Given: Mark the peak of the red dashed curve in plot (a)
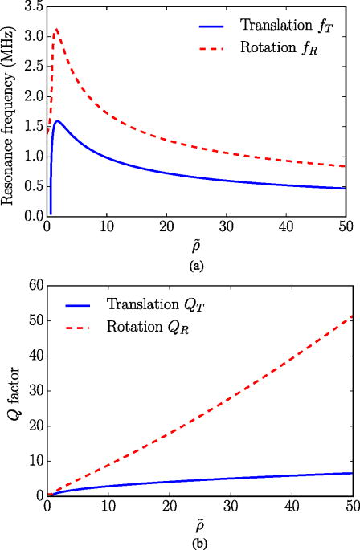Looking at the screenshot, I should pyautogui.click(x=56, y=30).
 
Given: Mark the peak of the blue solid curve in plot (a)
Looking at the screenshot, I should pyautogui.click(x=58, y=121).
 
